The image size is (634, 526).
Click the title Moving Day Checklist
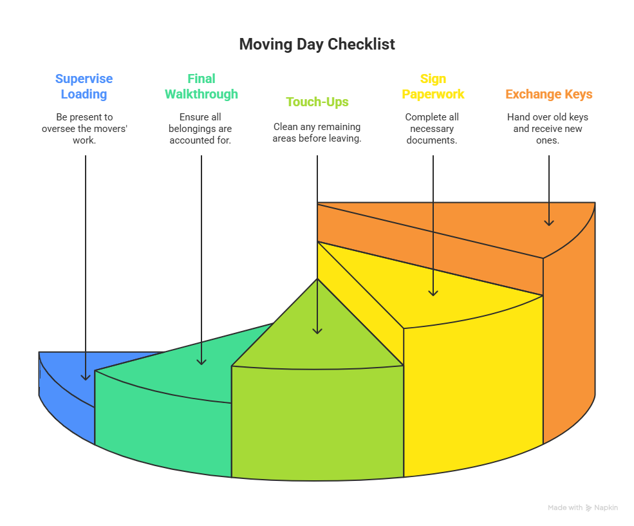[x=317, y=44]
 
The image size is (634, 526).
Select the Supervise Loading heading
[x=84, y=86]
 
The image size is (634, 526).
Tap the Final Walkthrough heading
[x=201, y=86]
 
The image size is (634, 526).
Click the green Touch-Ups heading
[x=317, y=102]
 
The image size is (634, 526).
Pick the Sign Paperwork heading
[x=433, y=86]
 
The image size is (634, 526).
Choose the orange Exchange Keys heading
[x=548, y=94]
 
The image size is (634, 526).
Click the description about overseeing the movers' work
[x=84, y=128]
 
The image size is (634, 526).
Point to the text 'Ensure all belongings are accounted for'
[x=201, y=128]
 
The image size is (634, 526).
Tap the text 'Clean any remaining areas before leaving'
[x=317, y=133]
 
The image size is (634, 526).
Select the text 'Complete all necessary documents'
[x=433, y=128]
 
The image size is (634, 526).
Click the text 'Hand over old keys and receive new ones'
[x=548, y=128]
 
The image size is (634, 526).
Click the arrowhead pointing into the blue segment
[x=86, y=377]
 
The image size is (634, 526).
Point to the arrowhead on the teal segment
[x=201, y=361]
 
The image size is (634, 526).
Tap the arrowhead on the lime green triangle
[x=317, y=330]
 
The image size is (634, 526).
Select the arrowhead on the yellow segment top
[x=433, y=292]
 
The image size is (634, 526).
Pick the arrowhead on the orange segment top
[x=549, y=222]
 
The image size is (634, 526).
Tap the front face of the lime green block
[x=317, y=425]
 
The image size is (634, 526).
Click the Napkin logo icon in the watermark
[x=588, y=508]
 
